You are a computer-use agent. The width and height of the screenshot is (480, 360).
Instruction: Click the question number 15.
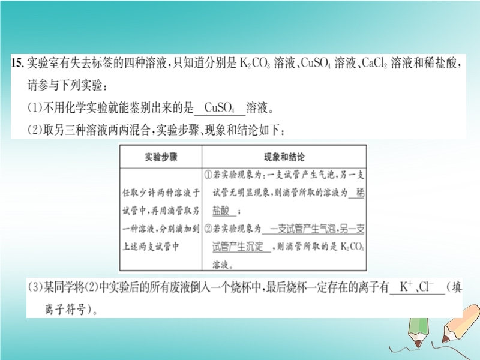[x=17, y=63]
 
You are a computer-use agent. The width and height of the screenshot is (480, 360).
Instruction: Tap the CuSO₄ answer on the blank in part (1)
[x=220, y=108]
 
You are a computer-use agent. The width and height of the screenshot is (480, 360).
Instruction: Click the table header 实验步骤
[x=161, y=157]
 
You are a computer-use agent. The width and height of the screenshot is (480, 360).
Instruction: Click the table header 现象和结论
[x=284, y=157]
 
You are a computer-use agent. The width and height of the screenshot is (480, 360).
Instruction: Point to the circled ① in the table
[x=208, y=175]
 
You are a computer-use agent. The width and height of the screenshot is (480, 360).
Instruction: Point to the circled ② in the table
[x=208, y=229]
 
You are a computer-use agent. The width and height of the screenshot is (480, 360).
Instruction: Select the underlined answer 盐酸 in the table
[x=221, y=211]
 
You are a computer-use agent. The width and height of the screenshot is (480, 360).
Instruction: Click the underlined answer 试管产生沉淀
[x=238, y=247]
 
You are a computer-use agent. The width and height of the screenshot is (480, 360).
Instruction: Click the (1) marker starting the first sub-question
[x=35, y=108]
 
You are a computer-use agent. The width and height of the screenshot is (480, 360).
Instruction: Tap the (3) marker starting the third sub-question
[x=35, y=287]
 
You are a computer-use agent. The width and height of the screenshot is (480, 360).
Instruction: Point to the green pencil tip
[x=418, y=344]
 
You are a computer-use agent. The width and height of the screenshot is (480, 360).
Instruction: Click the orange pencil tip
[x=445, y=339]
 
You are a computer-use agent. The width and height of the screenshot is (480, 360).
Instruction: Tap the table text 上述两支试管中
[x=151, y=247]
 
